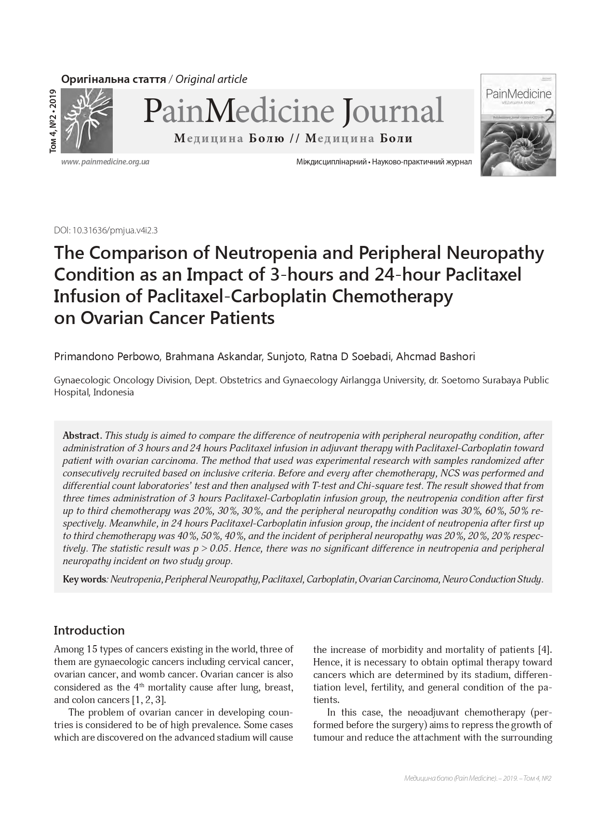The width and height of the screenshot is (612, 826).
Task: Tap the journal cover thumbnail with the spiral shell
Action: (518, 125)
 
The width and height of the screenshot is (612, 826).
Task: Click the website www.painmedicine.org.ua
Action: (105, 162)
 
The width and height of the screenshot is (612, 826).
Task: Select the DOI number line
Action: (106, 230)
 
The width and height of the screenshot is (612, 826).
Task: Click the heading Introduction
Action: (89, 631)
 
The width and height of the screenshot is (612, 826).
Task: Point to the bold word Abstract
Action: (81, 435)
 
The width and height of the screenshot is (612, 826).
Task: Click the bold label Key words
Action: (84, 579)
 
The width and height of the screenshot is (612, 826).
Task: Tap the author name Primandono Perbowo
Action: (107, 357)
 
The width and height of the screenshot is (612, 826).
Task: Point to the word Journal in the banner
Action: (393, 111)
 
